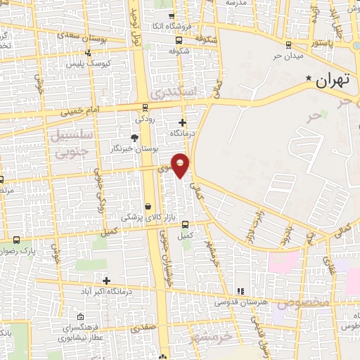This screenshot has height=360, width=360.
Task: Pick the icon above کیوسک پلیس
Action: (87, 53)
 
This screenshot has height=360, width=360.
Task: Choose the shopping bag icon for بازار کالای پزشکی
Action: (148, 207)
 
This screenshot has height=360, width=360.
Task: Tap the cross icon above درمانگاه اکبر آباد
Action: (106, 281)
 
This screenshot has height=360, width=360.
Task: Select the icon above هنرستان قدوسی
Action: (240, 290)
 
